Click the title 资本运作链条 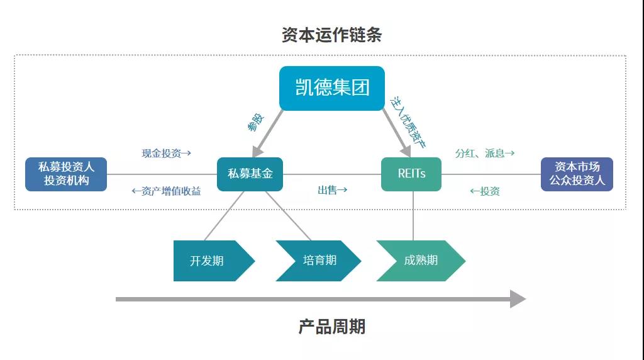[x=331, y=35]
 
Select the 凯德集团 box [x=331, y=87]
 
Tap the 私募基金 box [x=250, y=174]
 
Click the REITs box [x=411, y=174]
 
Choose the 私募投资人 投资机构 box [x=66, y=174]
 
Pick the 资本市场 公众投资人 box [x=577, y=174]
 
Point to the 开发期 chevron [x=211, y=260]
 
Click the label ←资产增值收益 [x=166, y=191]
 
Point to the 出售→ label [x=333, y=190]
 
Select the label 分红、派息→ [x=485, y=153]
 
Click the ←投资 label [x=485, y=191]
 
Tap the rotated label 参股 [x=256, y=121]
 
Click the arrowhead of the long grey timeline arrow [x=518, y=299]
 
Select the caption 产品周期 [x=331, y=327]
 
